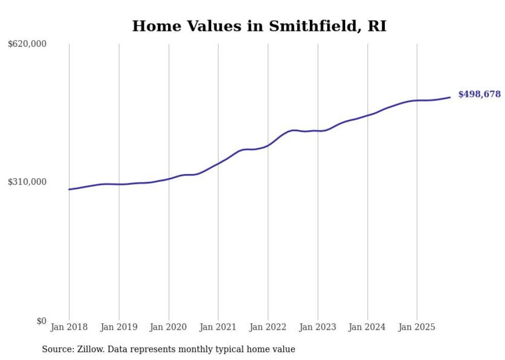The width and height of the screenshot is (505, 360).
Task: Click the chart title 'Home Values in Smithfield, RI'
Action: coord(259,26)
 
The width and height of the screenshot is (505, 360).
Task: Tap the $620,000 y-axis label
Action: coord(27,44)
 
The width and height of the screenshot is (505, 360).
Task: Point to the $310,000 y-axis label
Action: coord(27,182)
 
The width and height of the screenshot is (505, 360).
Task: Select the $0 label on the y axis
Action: coord(41,321)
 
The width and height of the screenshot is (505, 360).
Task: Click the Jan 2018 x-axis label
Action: coord(69,327)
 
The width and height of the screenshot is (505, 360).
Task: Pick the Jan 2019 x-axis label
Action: coord(119,327)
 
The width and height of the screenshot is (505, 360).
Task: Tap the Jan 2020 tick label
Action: coord(169,327)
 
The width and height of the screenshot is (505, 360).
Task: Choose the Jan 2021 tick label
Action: coord(218,327)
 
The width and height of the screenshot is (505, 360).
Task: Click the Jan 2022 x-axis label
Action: coord(268,327)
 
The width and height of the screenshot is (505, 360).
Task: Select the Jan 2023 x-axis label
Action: coord(317,327)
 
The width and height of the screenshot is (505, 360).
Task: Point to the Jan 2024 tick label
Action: coord(367,327)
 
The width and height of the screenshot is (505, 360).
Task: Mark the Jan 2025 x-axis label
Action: coord(417,327)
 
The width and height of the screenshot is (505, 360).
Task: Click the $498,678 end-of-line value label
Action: coord(479,94)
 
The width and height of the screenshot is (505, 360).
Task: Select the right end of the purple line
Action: coord(450,97)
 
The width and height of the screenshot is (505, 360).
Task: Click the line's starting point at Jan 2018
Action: coord(70,190)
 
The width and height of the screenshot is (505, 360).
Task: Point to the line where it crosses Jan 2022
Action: coord(268,145)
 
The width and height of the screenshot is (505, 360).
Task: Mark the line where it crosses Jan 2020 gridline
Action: coord(169,179)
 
